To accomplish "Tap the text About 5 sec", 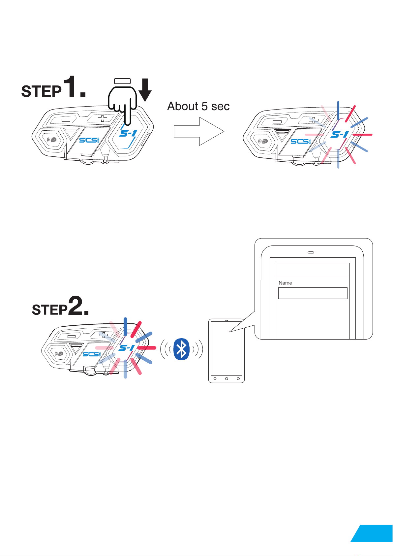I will click(198, 106).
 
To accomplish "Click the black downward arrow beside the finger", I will click(145, 89).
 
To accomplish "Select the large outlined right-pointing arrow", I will click(199, 131).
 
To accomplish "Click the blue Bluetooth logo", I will click(181, 349).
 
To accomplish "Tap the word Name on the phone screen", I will click(285, 283).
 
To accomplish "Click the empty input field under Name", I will click(313, 293).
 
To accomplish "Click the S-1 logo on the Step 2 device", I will click(127, 348).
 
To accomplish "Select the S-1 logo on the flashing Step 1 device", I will click(339, 135).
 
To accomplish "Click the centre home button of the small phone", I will click(227, 378).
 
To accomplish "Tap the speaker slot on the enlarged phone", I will click(311, 252).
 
